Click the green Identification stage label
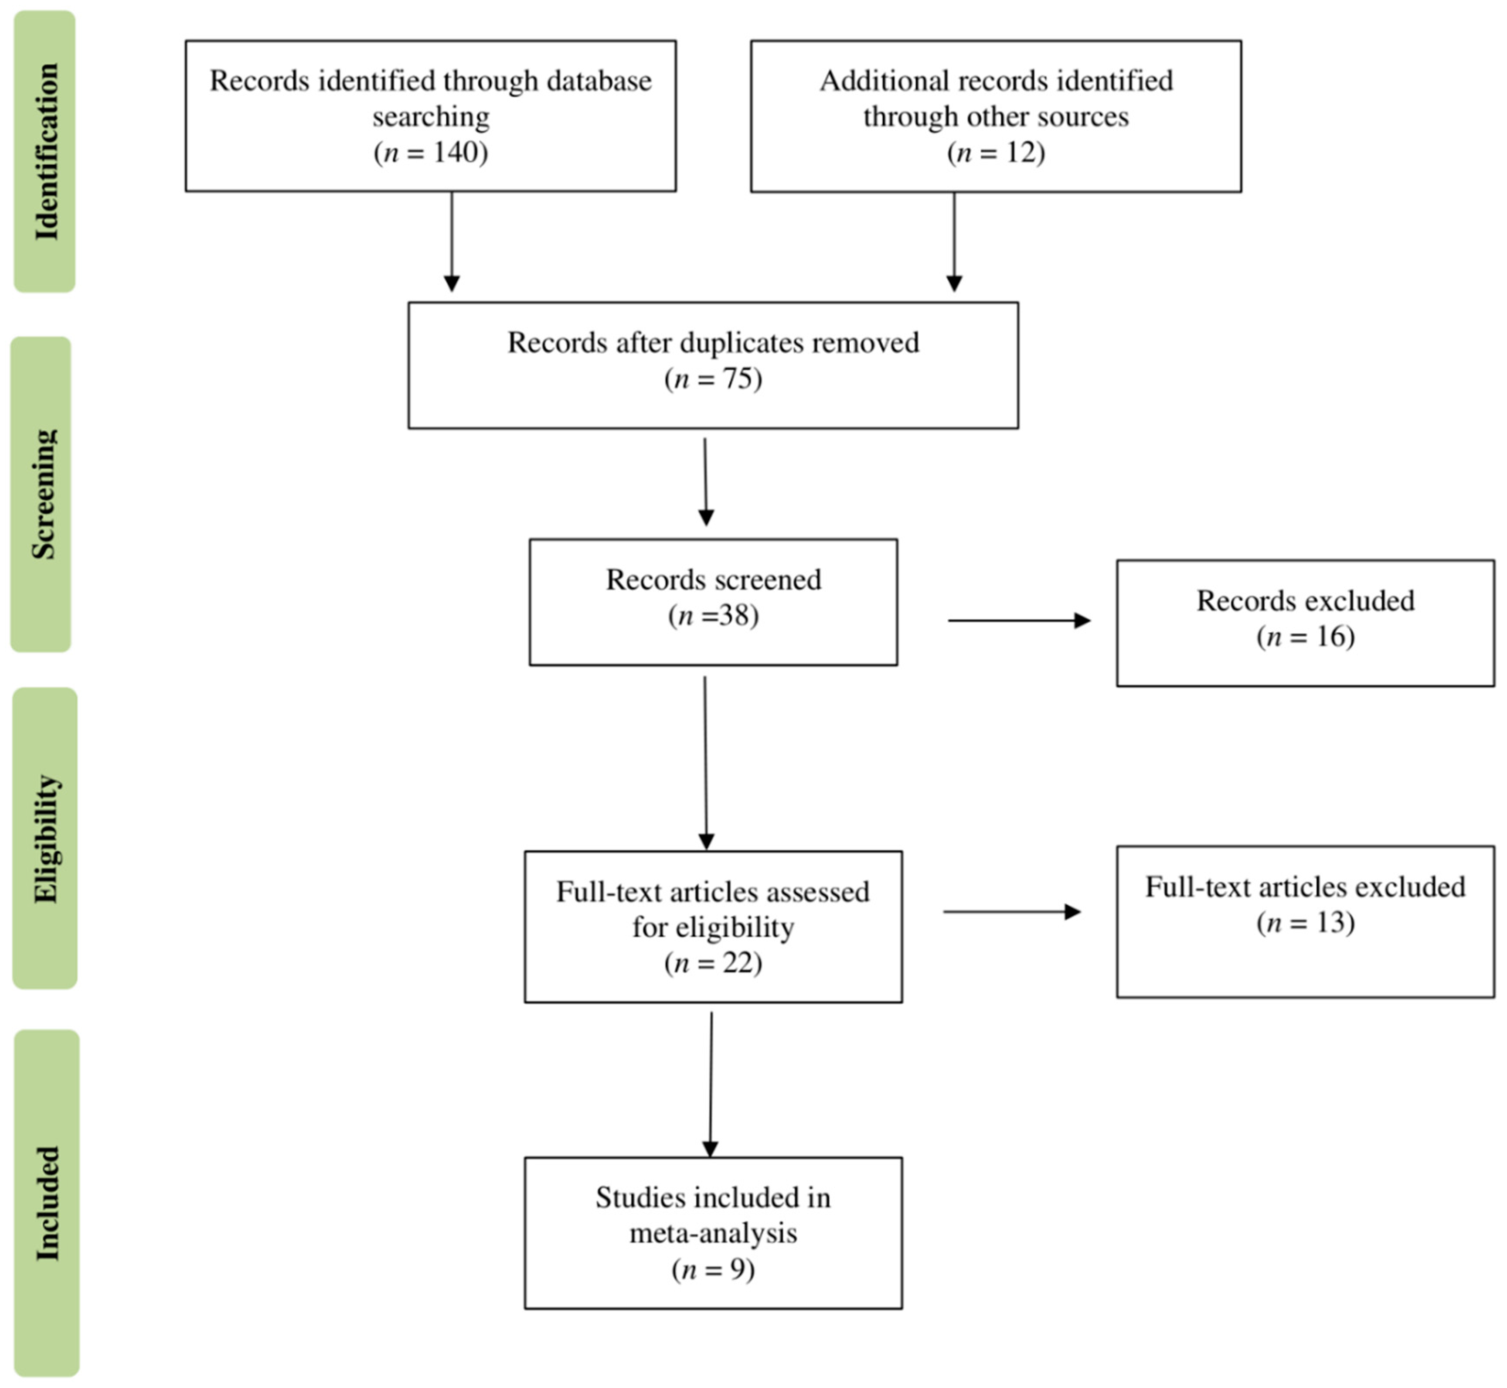pos(45,151)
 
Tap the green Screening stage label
pos(42,494)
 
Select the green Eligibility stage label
pos(45,837)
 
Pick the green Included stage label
pos(47,1203)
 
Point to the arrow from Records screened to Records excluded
pos(1018,621)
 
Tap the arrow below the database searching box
pos(451,240)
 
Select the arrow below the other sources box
pos(954,240)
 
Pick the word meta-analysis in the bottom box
pos(713,1233)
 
